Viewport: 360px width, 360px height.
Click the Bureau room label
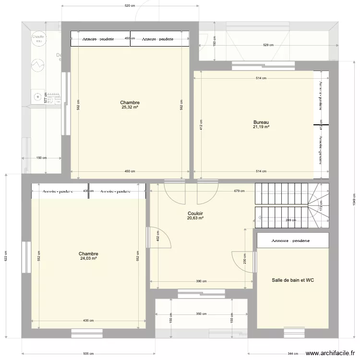tap(261, 122)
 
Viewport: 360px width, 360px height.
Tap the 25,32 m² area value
tap(130, 108)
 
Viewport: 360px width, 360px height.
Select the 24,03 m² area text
tap(89, 258)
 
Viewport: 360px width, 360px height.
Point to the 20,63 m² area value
tap(195, 217)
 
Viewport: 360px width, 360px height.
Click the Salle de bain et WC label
tap(293, 280)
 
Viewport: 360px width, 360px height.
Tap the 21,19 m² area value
tap(261, 127)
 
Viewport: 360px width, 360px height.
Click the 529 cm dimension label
tap(268, 45)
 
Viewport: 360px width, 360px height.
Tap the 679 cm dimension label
tap(240, 191)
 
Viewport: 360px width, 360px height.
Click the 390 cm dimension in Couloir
tap(201, 282)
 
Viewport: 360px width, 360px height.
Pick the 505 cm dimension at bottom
tap(88, 354)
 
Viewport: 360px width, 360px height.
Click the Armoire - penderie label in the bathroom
tap(290, 241)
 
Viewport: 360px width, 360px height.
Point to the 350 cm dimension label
tap(201, 314)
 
